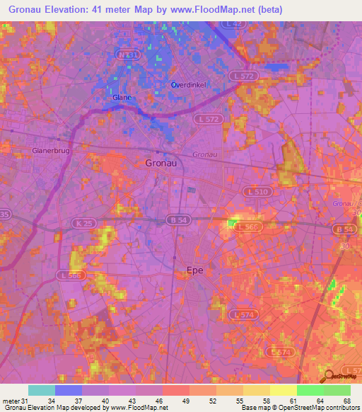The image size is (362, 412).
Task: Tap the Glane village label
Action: [x=122, y=98]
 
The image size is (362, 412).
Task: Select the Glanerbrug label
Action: [x=50, y=150]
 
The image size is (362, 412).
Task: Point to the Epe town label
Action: [x=195, y=270]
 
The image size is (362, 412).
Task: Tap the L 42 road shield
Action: [x=235, y=24]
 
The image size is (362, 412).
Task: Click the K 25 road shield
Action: [x=83, y=223]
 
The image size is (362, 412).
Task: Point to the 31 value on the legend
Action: [x=25, y=401]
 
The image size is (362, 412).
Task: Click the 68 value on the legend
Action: [x=346, y=401]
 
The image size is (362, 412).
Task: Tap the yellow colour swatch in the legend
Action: [x=283, y=390]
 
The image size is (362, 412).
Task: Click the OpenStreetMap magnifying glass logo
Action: [x=327, y=376]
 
